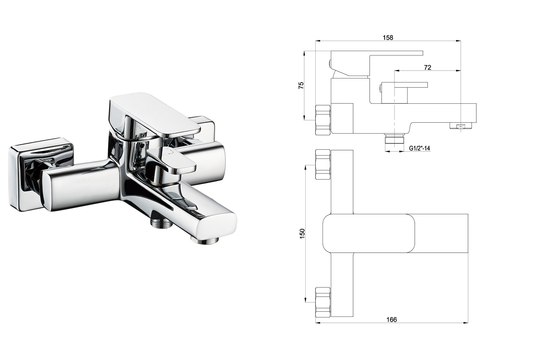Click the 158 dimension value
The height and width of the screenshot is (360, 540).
[388, 37]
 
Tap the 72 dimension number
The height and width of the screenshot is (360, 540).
[427, 68]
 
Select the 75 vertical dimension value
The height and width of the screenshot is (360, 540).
[301, 86]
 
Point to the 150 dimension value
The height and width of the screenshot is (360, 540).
[302, 233]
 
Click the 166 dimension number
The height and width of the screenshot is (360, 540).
[392, 319]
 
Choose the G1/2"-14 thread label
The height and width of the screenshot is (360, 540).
[419, 148]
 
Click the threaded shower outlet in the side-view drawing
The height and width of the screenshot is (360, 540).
[395, 140]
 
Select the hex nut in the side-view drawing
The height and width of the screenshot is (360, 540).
[323, 120]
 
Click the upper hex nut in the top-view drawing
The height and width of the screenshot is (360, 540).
[323, 165]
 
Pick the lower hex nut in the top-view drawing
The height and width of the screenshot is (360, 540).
[323, 302]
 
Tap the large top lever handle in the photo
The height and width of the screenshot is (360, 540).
[154, 116]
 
